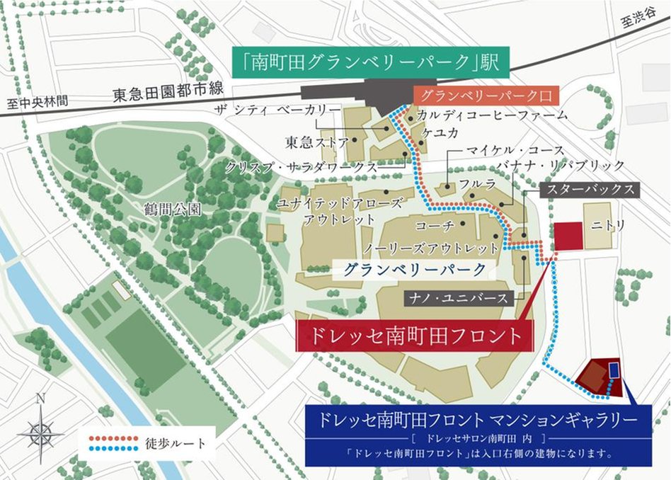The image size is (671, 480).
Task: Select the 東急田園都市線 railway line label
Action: point(167,96)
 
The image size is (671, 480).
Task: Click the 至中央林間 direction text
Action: point(38,102)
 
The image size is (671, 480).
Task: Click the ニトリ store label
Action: point(609,226)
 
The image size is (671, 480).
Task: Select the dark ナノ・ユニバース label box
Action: point(459,298)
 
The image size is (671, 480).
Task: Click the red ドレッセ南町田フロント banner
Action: point(413,336)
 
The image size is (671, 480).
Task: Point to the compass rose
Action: point(40,431)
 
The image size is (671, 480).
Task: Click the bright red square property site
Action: point(567,235)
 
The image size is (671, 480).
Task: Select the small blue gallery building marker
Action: point(613,370)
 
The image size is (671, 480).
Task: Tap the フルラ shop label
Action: point(473,182)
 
